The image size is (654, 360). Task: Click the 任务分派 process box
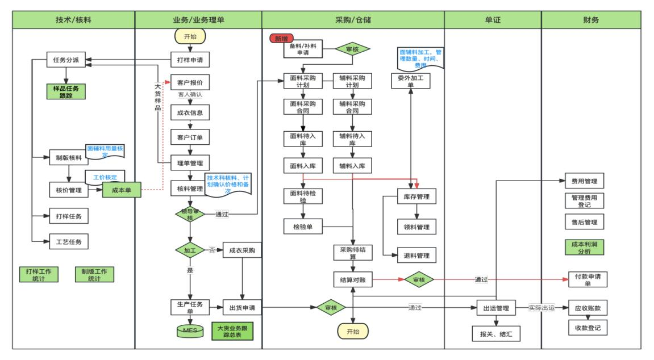66,59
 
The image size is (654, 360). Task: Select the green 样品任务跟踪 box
67,91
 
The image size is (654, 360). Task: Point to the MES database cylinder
190,329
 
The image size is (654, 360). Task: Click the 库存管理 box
416,197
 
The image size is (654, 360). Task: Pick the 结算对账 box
352,279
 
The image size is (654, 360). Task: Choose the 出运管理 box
496,308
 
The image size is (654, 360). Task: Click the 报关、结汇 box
496,334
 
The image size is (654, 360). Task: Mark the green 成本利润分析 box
584,247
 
